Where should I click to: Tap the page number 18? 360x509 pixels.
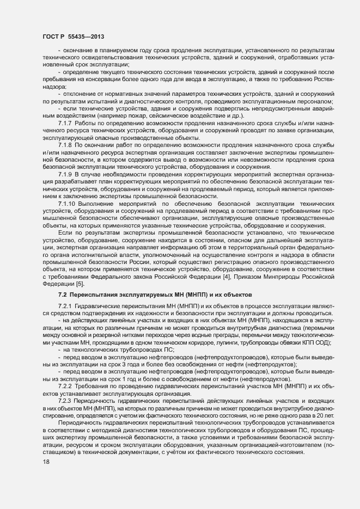point(46,462)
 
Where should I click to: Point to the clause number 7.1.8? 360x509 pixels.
point(65,146)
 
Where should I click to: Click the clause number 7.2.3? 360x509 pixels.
point(65,401)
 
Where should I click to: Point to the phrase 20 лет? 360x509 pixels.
point(324,415)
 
